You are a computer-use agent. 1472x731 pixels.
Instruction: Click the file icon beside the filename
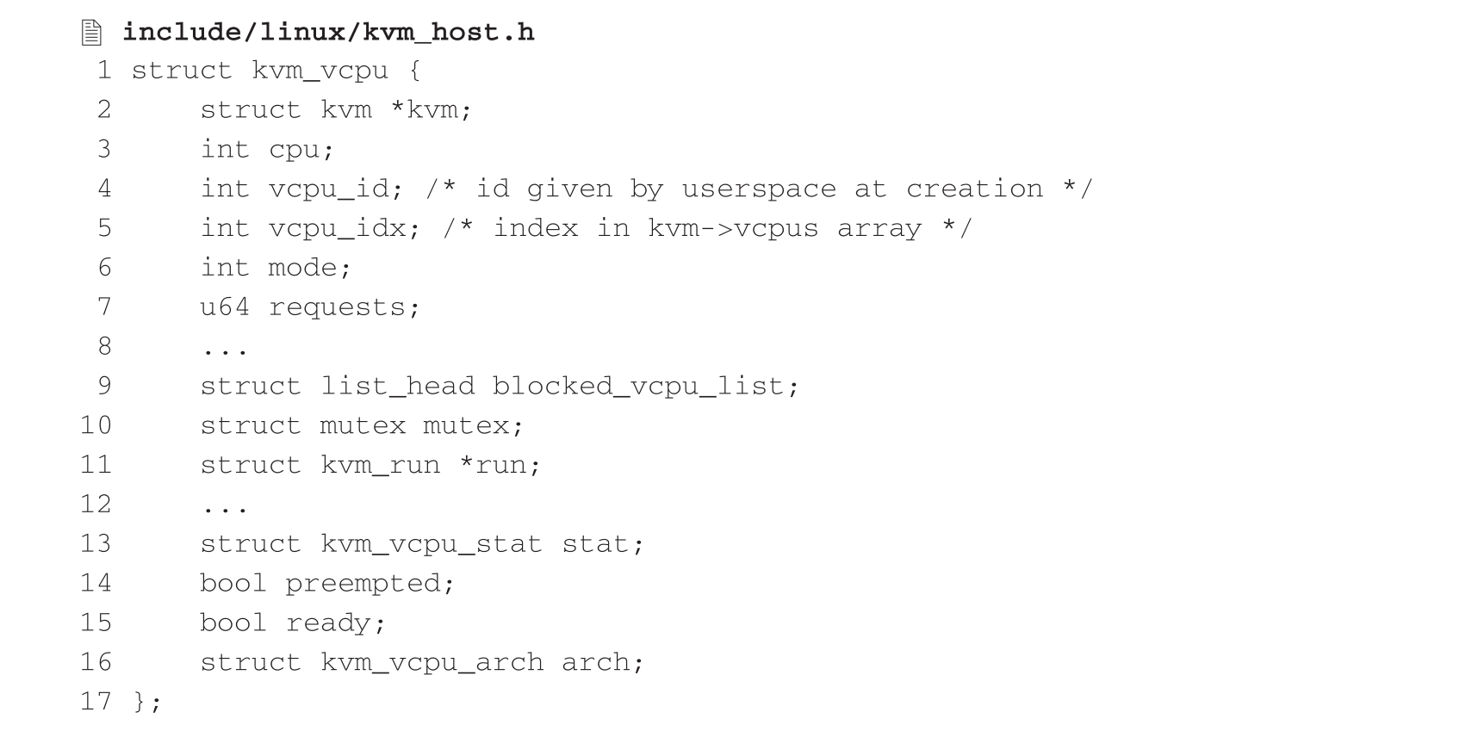[91, 33]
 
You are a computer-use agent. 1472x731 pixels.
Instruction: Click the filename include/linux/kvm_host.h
[328, 33]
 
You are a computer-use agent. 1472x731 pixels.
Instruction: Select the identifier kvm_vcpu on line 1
[320, 71]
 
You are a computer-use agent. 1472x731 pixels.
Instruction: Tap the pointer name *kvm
[431, 110]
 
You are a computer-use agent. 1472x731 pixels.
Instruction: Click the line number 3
[103, 149]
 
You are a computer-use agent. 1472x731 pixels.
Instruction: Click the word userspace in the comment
[758, 189]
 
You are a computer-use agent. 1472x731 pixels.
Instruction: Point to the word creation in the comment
[973, 189]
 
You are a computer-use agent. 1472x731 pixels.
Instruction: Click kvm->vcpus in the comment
[732, 228]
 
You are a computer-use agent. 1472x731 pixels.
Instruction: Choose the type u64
[225, 307]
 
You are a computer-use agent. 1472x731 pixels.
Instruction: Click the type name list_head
[397, 386]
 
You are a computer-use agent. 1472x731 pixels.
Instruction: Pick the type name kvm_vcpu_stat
[432, 544]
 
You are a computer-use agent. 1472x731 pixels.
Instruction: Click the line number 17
[96, 701]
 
